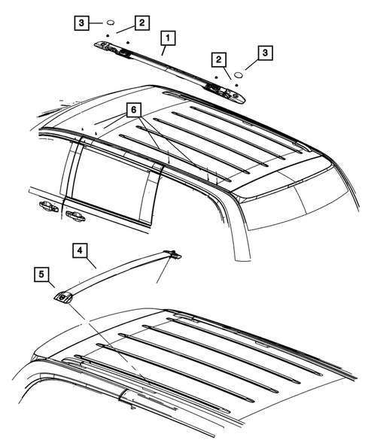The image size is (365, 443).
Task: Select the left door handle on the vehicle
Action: [x=42, y=208]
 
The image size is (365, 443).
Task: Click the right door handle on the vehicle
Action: [x=74, y=216]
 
